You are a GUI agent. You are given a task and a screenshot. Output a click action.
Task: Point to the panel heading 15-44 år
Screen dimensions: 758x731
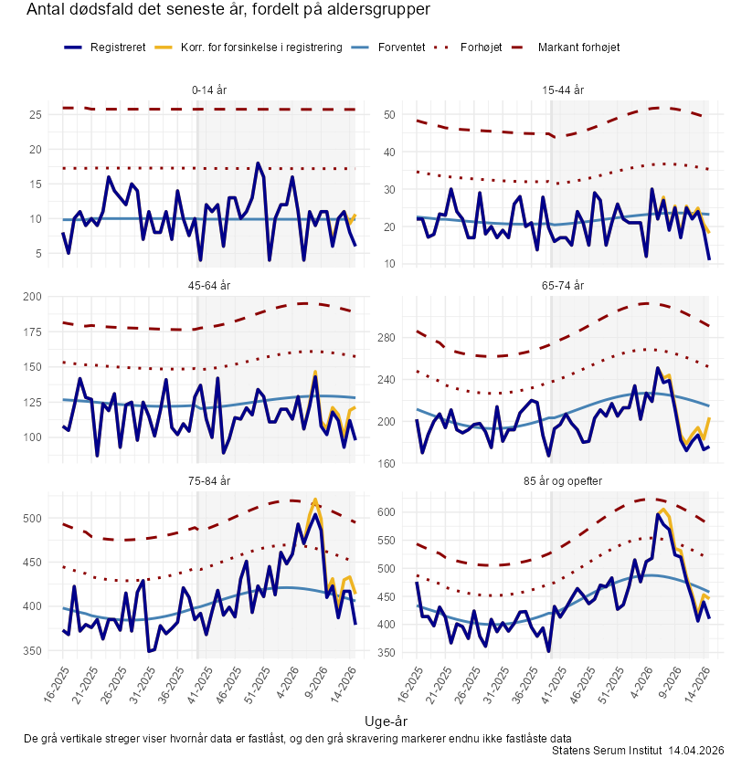563,89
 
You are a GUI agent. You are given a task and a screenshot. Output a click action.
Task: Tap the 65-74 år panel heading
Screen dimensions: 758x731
563,285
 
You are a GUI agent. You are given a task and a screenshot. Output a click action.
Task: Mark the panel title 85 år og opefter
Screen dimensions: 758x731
563,480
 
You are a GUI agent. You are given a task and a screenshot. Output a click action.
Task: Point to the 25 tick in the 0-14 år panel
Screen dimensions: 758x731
36,114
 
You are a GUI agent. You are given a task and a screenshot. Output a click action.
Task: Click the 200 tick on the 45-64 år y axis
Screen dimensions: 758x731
33,296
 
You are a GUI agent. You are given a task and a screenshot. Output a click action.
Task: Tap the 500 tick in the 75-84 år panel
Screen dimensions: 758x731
33,519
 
